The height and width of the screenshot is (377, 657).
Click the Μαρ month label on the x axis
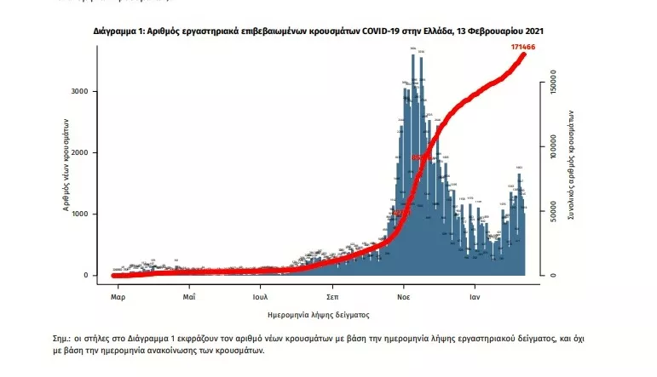click(x=118, y=298)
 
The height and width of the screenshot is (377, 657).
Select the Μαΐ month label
click(x=189, y=298)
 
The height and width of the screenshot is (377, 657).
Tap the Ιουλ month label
click(x=261, y=298)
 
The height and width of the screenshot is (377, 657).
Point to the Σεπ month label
click(x=333, y=298)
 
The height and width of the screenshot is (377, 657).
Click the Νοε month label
click(x=405, y=298)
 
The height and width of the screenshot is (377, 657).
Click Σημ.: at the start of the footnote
click(x=64, y=338)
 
